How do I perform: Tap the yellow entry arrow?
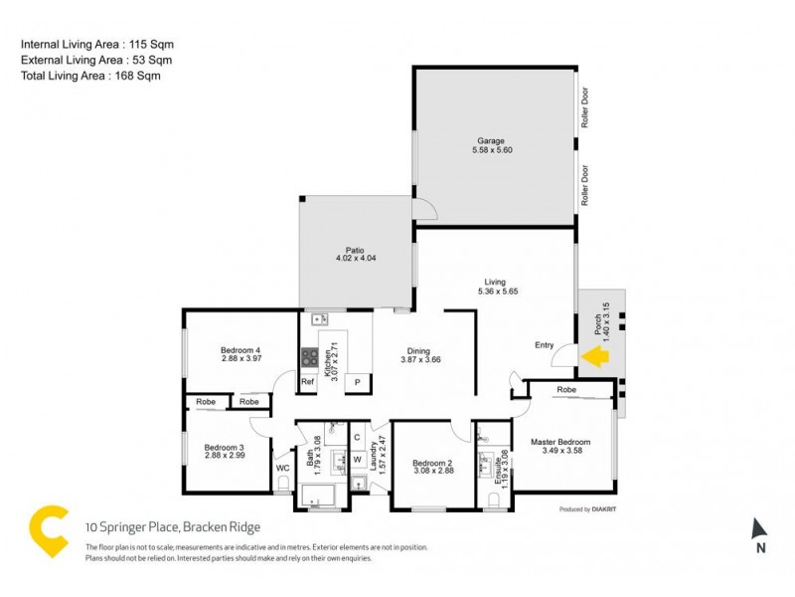coord(595,354)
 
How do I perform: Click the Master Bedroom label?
coord(561,442)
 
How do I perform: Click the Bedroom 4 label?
coord(239,350)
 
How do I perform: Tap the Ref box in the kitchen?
coord(307,382)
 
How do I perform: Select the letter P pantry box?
coord(357,382)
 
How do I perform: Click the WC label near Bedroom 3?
coord(282,467)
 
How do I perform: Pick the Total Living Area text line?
coord(90,76)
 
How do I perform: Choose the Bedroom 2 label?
coord(432,464)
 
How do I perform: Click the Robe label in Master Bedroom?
coord(566,389)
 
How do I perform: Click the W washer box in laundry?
coord(357,459)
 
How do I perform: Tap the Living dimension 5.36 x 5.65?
coord(495,291)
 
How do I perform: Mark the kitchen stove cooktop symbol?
coord(309,355)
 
